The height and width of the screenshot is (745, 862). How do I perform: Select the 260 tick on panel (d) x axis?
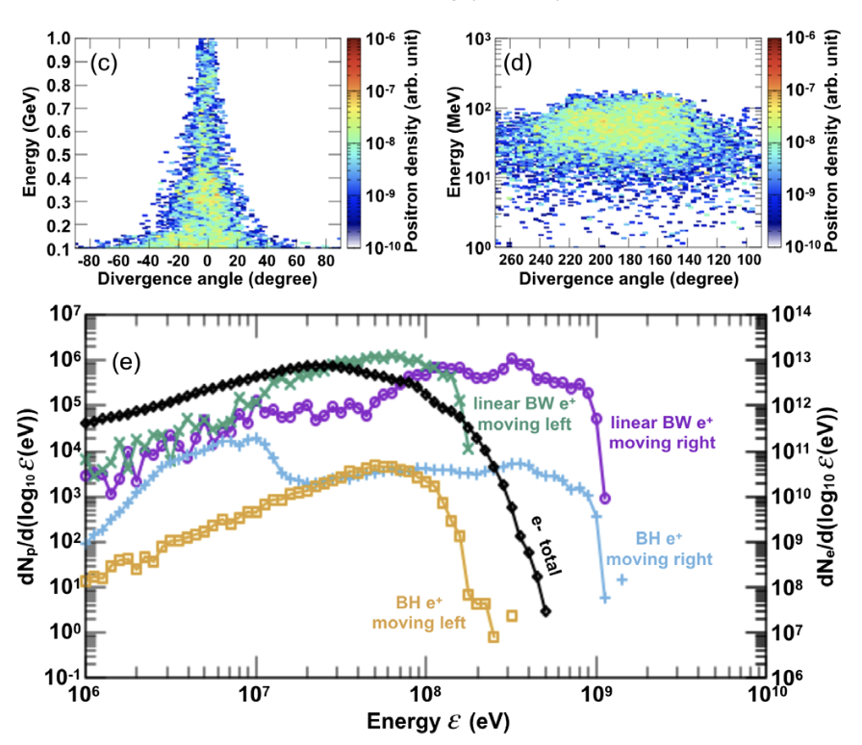pyautogui.click(x=509, y=261)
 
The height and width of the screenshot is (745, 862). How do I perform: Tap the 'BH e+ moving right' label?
pyautogui.click(x=672, y=549)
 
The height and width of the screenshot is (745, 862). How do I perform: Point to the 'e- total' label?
pyautogui.click(x=545, y=545)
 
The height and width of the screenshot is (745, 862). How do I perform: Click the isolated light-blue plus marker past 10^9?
pyautogui.click(x=622, y=579)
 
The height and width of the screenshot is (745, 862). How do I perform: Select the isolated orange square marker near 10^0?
pyautogui.click(x=512, y=615)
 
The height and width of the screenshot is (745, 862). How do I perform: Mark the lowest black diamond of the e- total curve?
pyautogui.click(x=545, y=611)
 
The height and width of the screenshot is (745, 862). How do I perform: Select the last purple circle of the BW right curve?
pyautogui.click(x=605, y=499)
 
